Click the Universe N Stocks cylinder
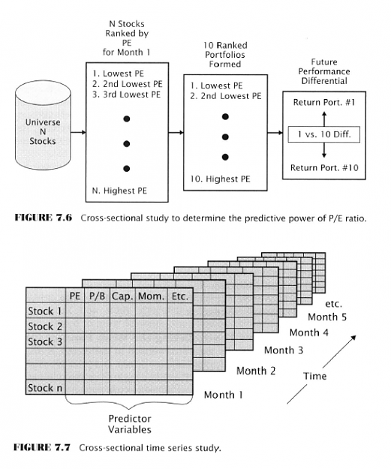[x=43, y=125]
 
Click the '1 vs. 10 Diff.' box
[x=324, y=134]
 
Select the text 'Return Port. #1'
[x=324, y=103]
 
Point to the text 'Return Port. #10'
[x=324, y=168]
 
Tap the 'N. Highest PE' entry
[x=119, y=191]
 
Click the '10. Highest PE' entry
[x=220, y=179]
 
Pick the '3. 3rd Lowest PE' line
[x=126, y=95]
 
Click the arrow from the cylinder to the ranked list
[x=78, y=133]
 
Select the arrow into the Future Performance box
[x=275, y=133]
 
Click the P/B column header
[x=98, y=296]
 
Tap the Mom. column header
[x=151, y=296]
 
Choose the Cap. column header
[x=122, y=296]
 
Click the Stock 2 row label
[x=45, y=326]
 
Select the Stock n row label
[x=45, y=388]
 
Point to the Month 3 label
[x=284, y=350]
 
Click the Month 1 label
[x=223, y=395]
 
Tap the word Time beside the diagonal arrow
[x=314, y=376]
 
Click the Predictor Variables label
[x=130, y=424]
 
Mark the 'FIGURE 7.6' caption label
[x=44, y=218]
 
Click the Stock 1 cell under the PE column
[x=75, y=311]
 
